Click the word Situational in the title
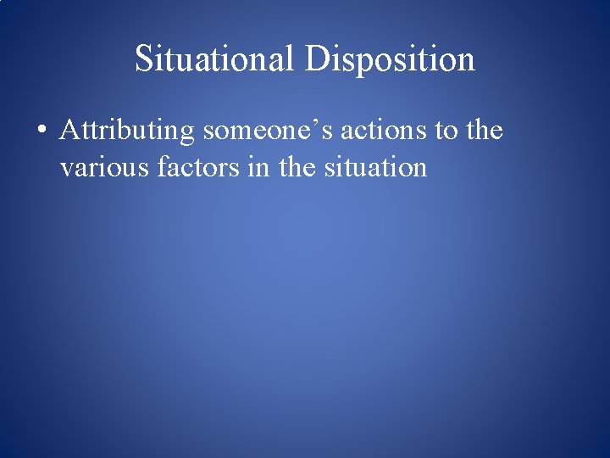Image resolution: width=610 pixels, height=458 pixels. [x=215, y=59]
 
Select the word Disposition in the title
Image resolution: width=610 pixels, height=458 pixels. [x=390, y=59]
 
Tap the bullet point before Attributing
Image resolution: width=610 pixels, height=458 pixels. [x=41, y=132]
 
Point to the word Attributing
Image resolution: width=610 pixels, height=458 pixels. [x=128, y=131]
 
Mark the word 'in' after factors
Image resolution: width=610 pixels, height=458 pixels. [x=241, y=167]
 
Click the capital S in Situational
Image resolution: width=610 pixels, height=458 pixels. [x=144, y=59]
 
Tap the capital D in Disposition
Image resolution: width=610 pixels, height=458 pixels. [x=318, y=59]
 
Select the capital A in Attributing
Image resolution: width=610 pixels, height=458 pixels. [x=70, y=131]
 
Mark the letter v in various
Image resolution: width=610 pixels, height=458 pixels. [x=66, y=169]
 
